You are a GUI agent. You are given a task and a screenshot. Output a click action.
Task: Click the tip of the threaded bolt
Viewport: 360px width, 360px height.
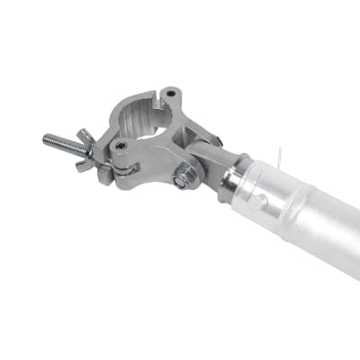click(x=46, y=139)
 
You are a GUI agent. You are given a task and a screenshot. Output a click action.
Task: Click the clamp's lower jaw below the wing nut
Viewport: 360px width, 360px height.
click(x=112, y=171)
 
